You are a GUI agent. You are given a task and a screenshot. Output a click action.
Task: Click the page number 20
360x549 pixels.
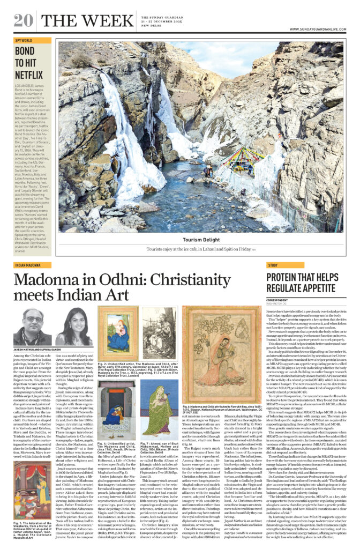coord(24,20)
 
